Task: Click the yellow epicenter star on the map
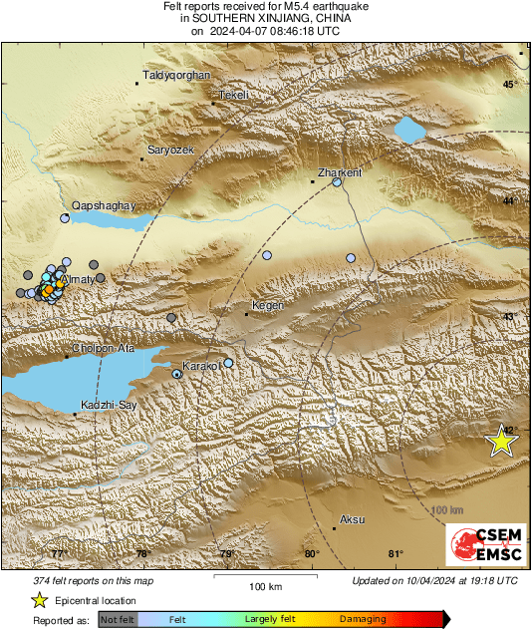pos(502,440)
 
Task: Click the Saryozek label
pos(173,150)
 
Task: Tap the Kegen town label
pos(269,305)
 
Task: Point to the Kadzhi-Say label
pos(107,407)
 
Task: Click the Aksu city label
pos(353,519)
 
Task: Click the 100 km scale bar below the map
pos(264,576)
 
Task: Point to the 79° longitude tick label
pos(227,555)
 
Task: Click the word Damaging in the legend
pos(363,619)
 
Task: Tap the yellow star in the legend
pos(39,600)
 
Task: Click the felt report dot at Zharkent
pos(338,182)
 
